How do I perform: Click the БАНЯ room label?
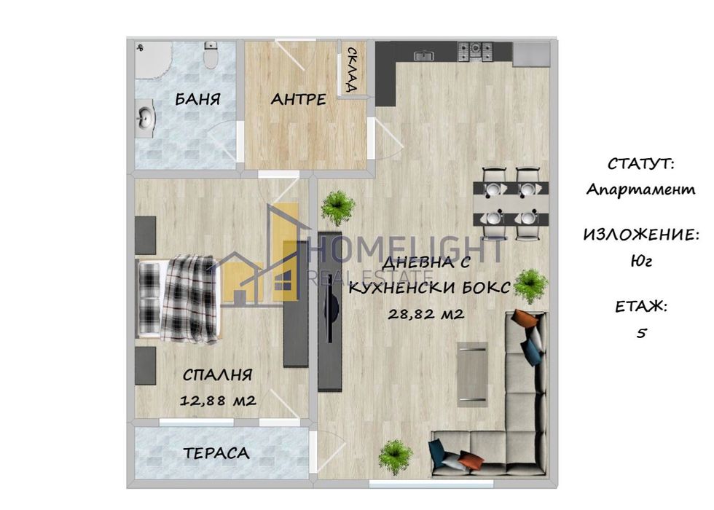point(197,100)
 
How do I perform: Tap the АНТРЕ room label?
point(298,100)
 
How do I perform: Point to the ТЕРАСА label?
point(216,453)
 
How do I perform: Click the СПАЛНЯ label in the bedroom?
point(217,375)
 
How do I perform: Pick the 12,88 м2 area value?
point(217,400)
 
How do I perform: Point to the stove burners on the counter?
point(476,51)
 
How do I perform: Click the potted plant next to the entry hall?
point(338,206)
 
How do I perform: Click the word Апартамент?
point(641,189)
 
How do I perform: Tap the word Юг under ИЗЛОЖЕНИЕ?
point(641,259)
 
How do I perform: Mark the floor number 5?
point(641,332)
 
